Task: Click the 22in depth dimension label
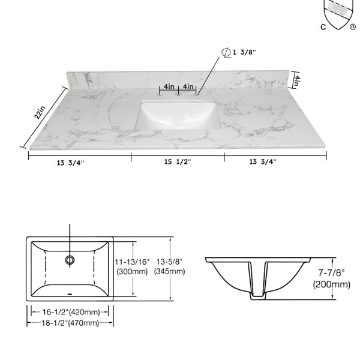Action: point(40,113)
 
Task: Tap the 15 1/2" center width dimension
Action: point(178,162)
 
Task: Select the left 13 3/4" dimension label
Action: point(70,163)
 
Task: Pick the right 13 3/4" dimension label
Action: point(263,162)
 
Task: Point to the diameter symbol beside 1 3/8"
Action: point(226,53)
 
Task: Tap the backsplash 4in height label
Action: point(298,80)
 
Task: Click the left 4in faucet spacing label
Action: point(169,86)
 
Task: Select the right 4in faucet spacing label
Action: point(188,86)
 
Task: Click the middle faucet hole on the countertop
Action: point(178,94)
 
